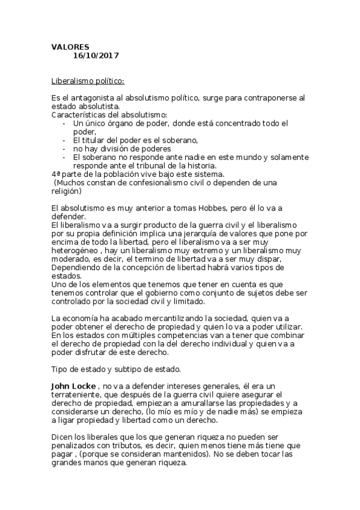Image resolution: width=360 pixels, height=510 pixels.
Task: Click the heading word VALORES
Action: (70, 46)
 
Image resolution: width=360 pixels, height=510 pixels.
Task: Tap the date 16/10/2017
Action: (96, 55)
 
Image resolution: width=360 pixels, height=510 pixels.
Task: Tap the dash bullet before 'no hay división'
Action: (64, 148)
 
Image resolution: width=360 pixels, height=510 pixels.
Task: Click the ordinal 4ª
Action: (56, 174)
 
